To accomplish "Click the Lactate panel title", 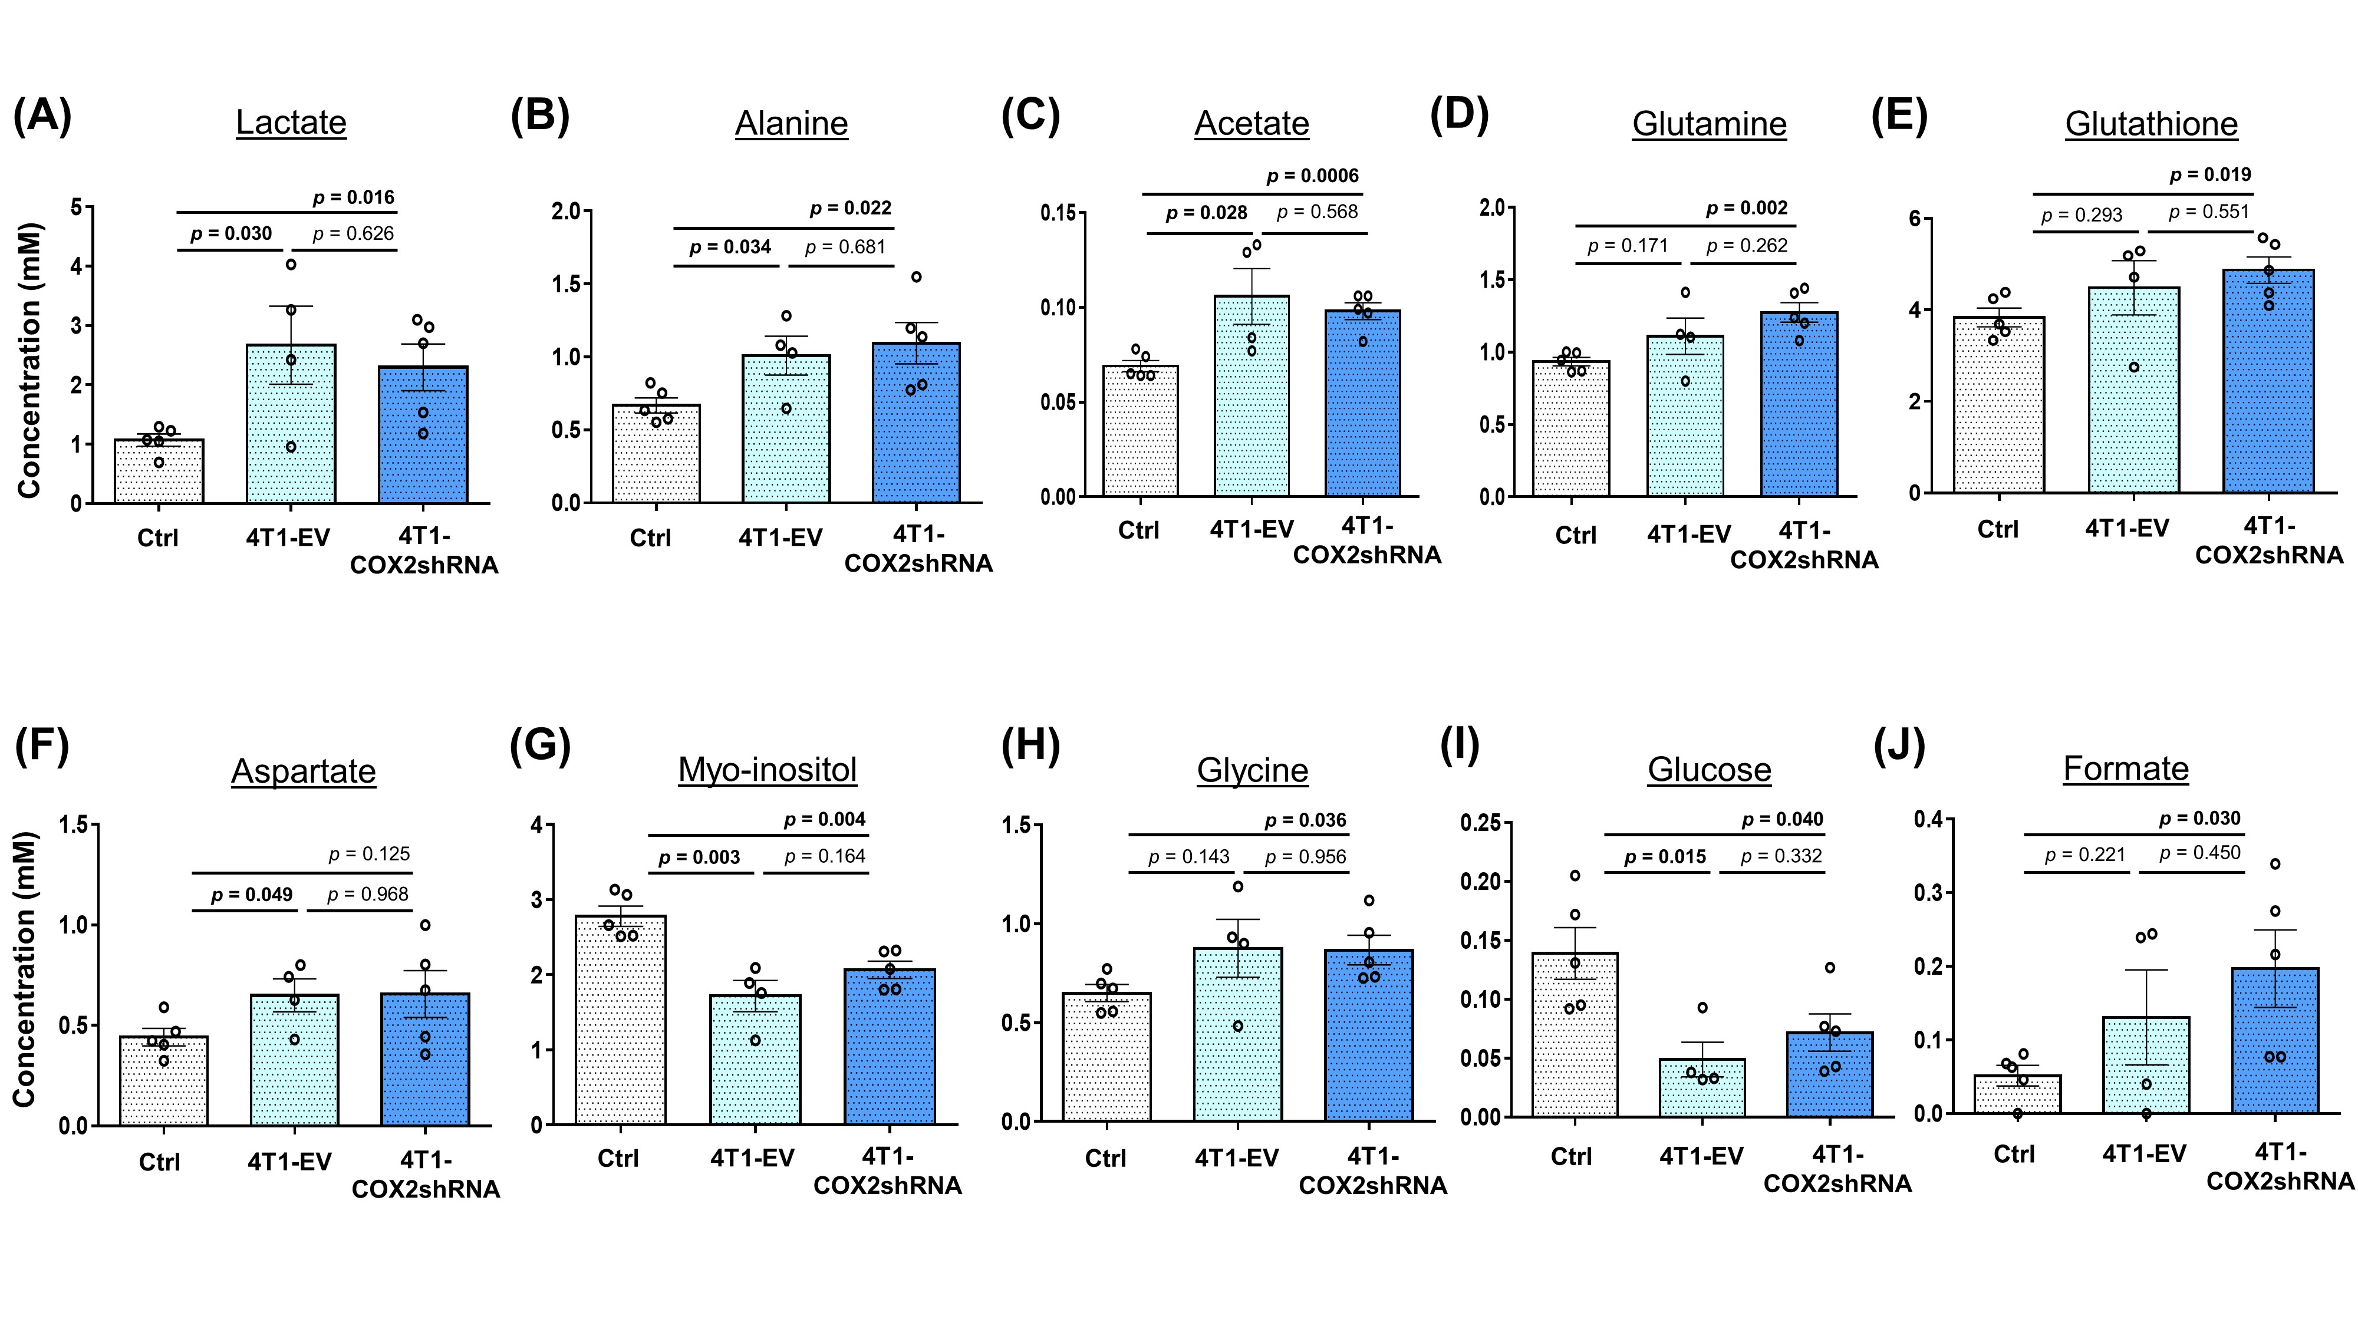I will point(291,123).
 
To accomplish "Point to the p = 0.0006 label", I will point(1313,176).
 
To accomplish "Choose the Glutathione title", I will point(2151,124).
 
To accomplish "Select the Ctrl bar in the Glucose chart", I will point(1575,1034).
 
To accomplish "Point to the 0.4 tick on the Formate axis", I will point(1928,819).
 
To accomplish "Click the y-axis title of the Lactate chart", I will point(29,361).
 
